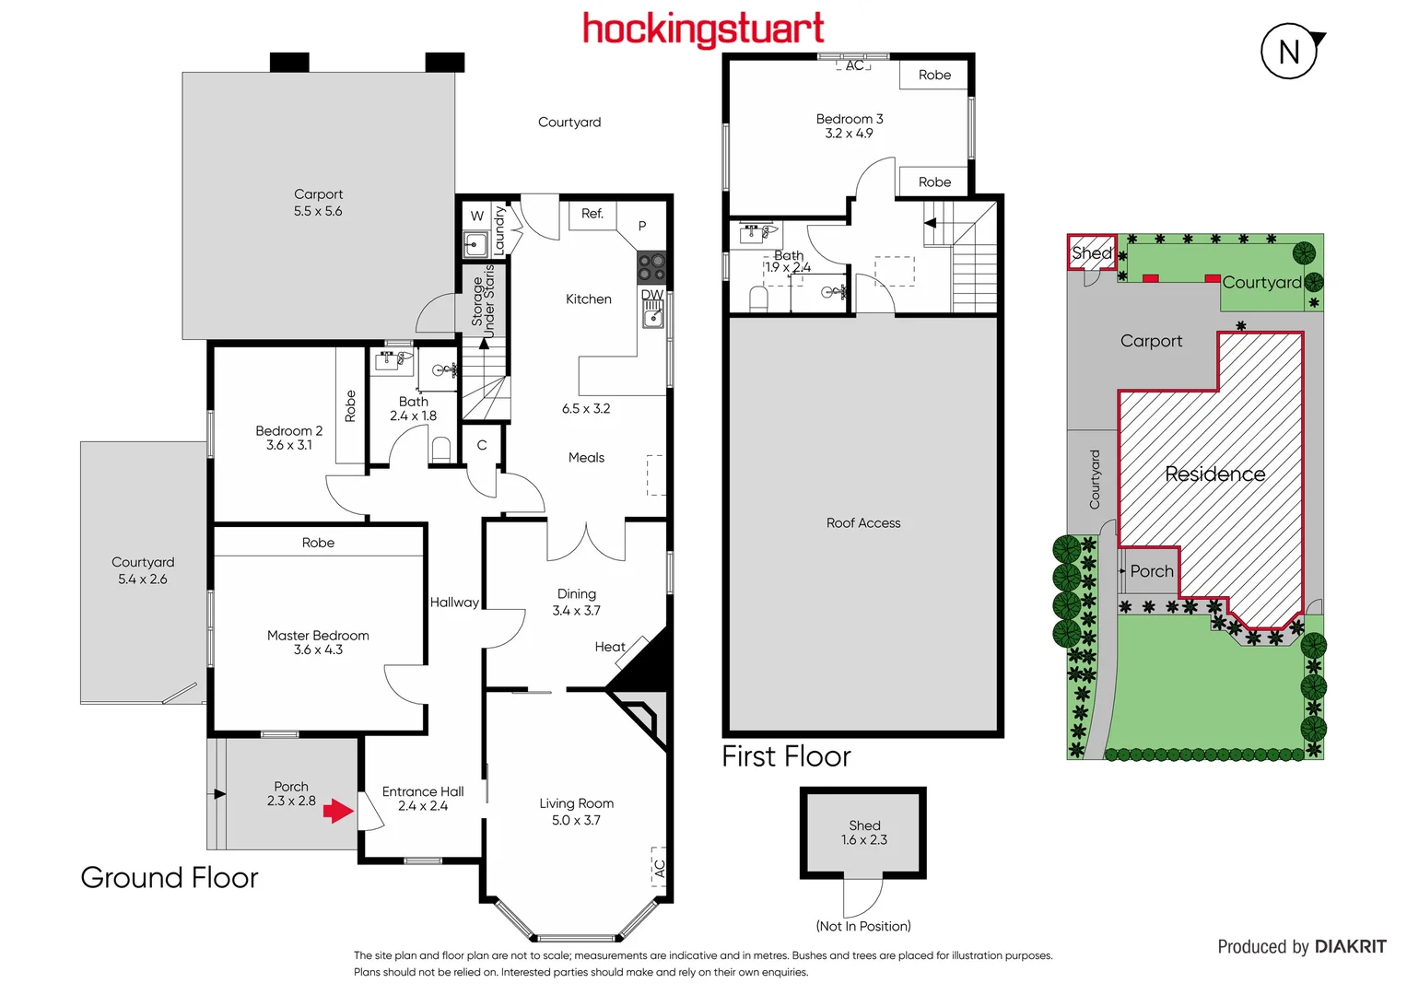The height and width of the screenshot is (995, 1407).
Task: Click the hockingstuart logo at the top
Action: coord(703,29)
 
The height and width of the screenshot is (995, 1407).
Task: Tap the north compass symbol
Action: coord(1289,52)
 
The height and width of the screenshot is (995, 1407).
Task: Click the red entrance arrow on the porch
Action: coord(338,811)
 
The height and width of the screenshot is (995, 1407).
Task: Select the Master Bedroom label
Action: coord(318,635)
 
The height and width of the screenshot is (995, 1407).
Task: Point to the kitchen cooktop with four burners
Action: coord(651,267)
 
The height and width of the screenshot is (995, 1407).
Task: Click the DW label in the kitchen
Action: coord(652,295)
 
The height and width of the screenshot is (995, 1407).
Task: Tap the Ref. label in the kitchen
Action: coord(592,214)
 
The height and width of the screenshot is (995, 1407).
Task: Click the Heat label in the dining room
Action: coord(610,647)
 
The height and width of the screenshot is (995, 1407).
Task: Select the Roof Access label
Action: coord(863,523)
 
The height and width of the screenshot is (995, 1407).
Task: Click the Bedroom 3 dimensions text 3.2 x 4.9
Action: coord(849,134)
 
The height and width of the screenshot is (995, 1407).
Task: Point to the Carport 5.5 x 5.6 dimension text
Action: coord(318,211)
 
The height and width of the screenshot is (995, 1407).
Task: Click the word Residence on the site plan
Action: coord(1214,474)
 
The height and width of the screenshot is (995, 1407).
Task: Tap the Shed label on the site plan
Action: coord(1092,252)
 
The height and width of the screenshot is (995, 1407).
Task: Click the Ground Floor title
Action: coord(170,877)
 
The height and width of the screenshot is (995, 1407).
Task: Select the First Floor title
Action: coord(786,756)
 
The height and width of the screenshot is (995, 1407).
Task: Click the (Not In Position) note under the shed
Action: coord(863,926)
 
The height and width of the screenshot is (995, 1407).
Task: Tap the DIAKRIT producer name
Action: coord(1350,947)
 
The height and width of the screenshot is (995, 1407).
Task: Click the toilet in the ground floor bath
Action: coord(441,450)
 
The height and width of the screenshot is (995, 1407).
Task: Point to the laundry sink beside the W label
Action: coord(475,245)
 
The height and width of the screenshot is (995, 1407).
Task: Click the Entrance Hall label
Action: coord(423,791)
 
